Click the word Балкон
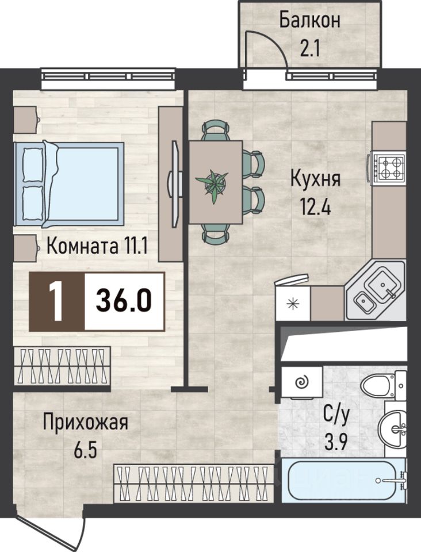click(x=310, y=21)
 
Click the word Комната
click(x=82, y=246)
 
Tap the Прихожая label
click(x=85, y=423)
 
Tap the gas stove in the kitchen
click(x=386, y=168)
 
